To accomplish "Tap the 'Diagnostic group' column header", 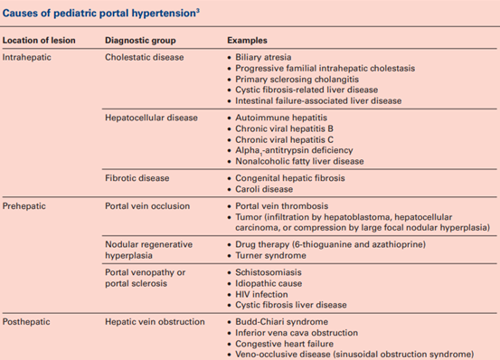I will tap(139, 42).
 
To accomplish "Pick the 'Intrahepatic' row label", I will tap(28, 56).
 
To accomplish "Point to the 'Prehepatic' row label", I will tap(26, 206).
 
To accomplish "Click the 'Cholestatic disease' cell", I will tap(145, 56).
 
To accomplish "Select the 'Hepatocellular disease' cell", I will tap(151, 118).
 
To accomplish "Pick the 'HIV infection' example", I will tap(263, 293).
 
